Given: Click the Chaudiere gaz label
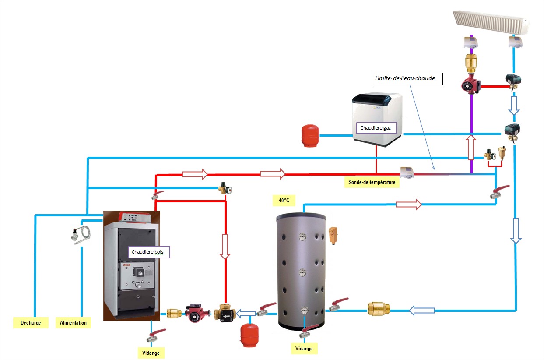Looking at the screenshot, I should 379,128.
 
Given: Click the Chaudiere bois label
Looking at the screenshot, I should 149,252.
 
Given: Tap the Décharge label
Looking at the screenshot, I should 31,323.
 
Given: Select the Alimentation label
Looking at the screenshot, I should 73,323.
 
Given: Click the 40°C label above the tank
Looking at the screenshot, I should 284,200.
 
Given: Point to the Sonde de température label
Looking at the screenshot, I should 372,182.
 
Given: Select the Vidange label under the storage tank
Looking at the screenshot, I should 304,349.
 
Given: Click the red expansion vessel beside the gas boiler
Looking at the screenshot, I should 310,136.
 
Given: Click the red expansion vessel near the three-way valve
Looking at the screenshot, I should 250,336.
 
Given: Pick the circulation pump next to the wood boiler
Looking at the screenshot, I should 194,313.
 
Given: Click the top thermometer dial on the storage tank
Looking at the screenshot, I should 303,237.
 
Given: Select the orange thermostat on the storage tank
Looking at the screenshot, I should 334,235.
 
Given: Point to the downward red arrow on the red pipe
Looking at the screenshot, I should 225,247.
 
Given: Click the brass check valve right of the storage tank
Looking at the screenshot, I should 378,309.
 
